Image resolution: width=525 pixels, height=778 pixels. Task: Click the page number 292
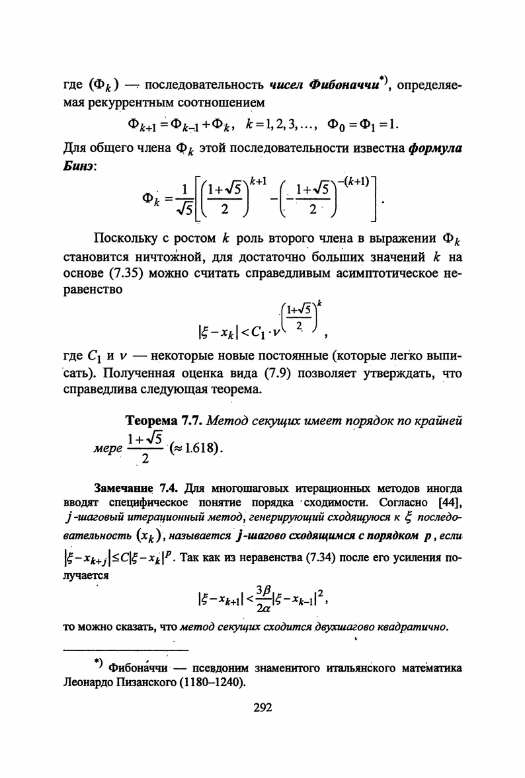point(263,707)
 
